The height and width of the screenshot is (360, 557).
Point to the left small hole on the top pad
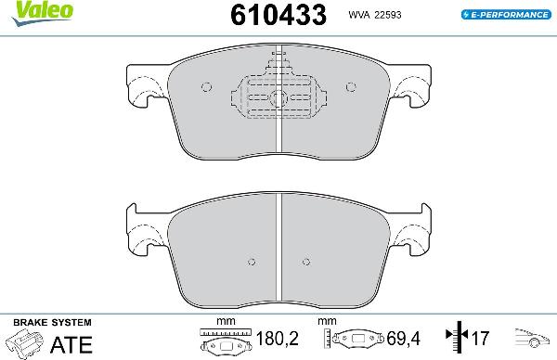[x=206, y=89]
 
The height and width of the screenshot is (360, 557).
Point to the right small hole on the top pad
[x=353, y=89]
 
